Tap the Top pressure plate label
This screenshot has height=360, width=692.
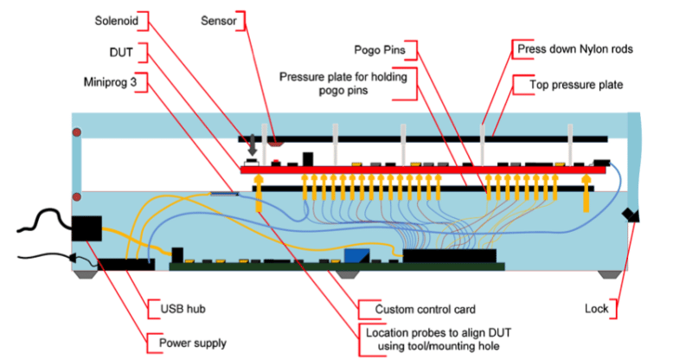click(x=567, y=84)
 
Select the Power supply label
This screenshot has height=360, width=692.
click(x=192, y=343)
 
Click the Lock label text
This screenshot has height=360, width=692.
click(x=596, y=308)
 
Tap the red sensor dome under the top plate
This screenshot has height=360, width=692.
click(x=276, y=139)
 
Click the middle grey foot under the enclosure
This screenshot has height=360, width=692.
click(x=347, y=273)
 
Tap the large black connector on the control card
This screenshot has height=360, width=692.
click(x=450, y=254)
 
